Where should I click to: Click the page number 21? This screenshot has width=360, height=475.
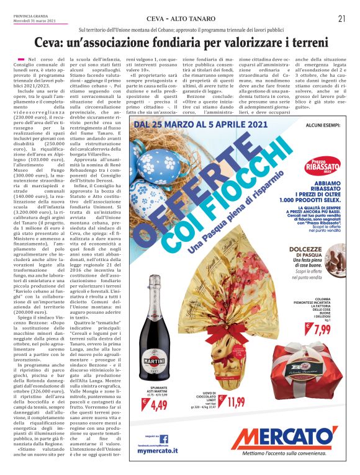[341, 19]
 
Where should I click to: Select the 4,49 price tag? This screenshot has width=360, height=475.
[159, 406]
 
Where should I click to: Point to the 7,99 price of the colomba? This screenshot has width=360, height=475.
[322, 329]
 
